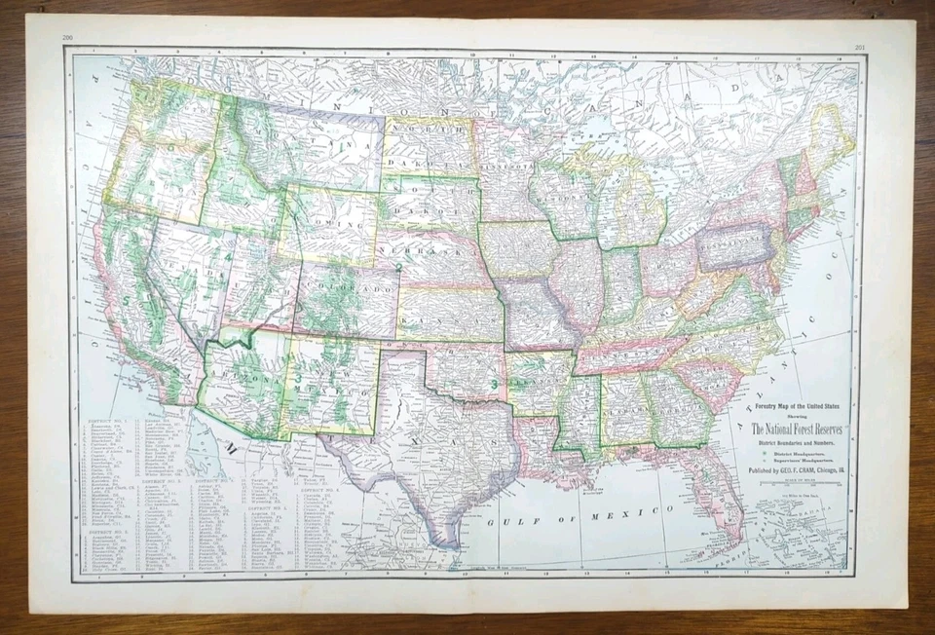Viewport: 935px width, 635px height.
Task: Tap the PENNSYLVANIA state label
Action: click(x=735, y=239)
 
